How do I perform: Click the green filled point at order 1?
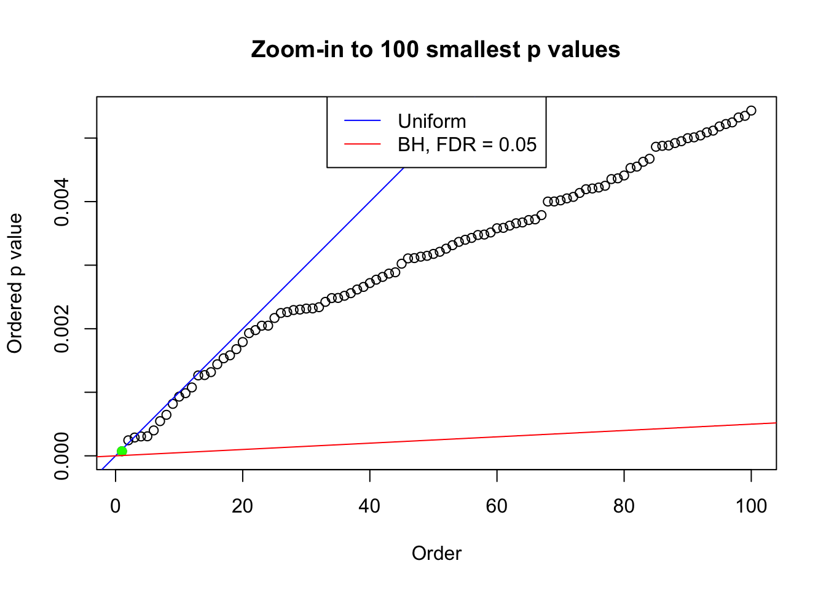click(122, 451)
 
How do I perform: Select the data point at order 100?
click(751, 111)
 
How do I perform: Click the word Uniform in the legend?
click(431, 121)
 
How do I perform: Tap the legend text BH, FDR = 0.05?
click(467, 144)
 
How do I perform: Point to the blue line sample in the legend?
click(363, 121)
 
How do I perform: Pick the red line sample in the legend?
click(363, 144)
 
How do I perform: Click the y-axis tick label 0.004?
click(62, 202)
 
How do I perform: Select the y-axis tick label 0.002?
click(62, 329)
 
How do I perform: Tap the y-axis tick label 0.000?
click(62, 456)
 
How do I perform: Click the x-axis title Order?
click(436, 553)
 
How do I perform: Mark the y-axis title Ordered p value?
click(15, 283)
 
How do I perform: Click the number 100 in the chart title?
click(399, 49)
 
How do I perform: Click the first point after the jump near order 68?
click(548, 202)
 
